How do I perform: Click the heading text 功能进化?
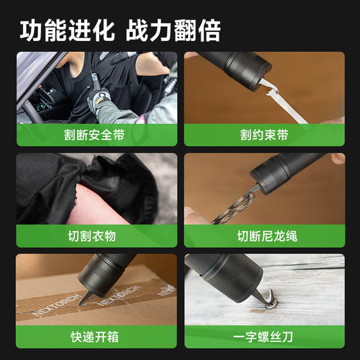[66, 30]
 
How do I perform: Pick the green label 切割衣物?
[96, 236]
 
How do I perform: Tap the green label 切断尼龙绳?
[264, 236]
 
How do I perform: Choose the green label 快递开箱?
[96, 337]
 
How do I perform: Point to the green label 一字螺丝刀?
[264, 337]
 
